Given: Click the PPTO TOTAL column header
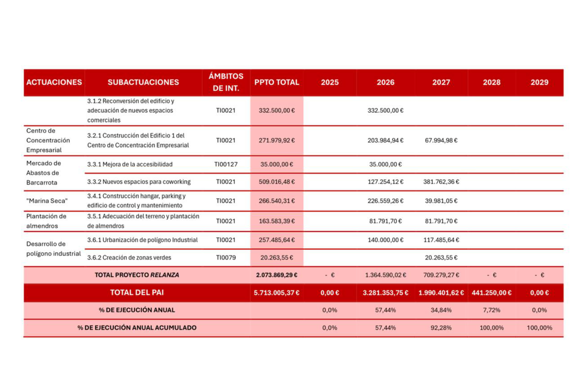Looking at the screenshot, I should tap(277, 82).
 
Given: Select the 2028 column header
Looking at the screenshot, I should tap(491, 82).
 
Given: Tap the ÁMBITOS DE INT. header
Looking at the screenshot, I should tap(226, 82).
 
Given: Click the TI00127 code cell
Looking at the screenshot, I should tap(226, 164).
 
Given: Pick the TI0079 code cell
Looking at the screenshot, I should tap(226, 257).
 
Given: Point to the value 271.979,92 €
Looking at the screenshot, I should tap(277, 140).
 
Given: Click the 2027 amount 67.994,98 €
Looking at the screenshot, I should tap(441, 140).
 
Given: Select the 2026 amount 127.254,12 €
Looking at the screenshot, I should tap(385, 182).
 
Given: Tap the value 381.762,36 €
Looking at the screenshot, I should tap(441, 182).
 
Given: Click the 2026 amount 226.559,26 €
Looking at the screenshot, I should tap(385, 201).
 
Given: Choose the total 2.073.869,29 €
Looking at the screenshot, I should tap(277, 275).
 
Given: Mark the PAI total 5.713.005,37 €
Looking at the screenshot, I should tap(277, 293).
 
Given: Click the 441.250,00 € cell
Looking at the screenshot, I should tap(491, 293).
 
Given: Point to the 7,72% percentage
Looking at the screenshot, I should tap(491, 310).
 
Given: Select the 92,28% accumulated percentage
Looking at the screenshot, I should tap(441, 328).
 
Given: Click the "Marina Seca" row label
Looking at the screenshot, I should tap(47, 201).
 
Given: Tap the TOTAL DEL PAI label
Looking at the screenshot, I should tap(137, 293).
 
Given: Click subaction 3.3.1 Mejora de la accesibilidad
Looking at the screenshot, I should tap(130, 164).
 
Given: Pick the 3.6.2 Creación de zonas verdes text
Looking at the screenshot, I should tap(129, 257).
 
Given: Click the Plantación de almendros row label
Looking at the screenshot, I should tap(46, 221).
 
